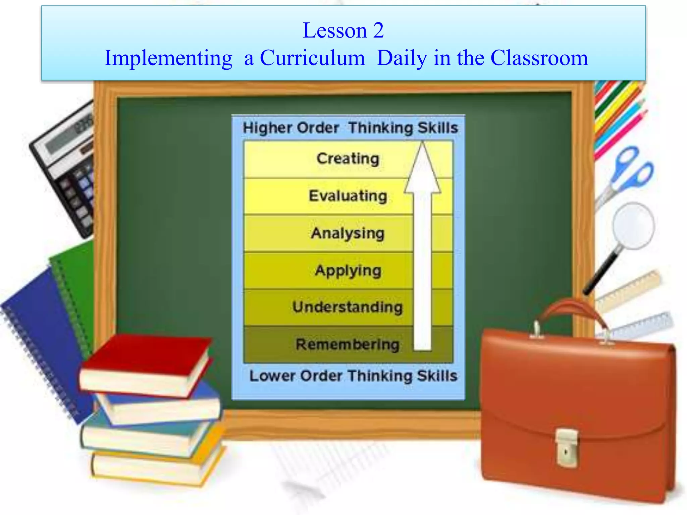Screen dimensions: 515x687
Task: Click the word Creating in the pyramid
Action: coord(348,159)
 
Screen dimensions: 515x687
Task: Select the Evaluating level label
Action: coord(348,196)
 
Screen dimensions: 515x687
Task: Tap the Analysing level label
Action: coord(348,233)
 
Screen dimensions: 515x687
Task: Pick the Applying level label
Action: coord(348,271)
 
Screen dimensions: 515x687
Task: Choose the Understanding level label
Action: coord(348,307)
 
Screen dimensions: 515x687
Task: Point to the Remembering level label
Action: coord(348,344)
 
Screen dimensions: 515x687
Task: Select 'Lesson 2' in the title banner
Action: coord(343,30)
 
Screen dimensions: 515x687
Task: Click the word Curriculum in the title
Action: coord(312,58)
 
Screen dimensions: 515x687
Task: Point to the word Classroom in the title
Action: coord(539,58)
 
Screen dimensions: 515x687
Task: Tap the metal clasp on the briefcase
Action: coord(567,447)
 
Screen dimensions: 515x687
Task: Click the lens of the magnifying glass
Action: coord(633,225)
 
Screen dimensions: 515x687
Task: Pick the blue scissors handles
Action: coord(634,168)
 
